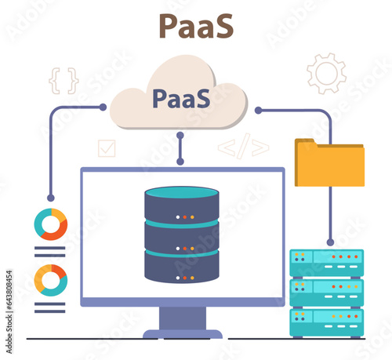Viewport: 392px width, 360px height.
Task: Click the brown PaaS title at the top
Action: pos(195,25)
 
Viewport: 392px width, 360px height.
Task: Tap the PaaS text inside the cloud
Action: pos(180,100)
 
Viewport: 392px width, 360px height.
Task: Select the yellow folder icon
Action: pos(329,163)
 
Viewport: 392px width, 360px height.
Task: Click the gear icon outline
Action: pos(326,73)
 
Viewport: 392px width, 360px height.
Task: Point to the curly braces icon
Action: pos(64,80)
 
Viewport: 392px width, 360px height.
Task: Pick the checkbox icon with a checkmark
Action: pos(106,148)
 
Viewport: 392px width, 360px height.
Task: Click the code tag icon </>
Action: pos(243,147)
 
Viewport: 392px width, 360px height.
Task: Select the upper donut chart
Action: pos(51,224)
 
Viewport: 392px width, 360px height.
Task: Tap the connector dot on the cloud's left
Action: pos(103,107)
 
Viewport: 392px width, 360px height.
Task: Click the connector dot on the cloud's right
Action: pos(258,111)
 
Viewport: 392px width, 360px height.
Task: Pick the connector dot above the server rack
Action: pos(330,242)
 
